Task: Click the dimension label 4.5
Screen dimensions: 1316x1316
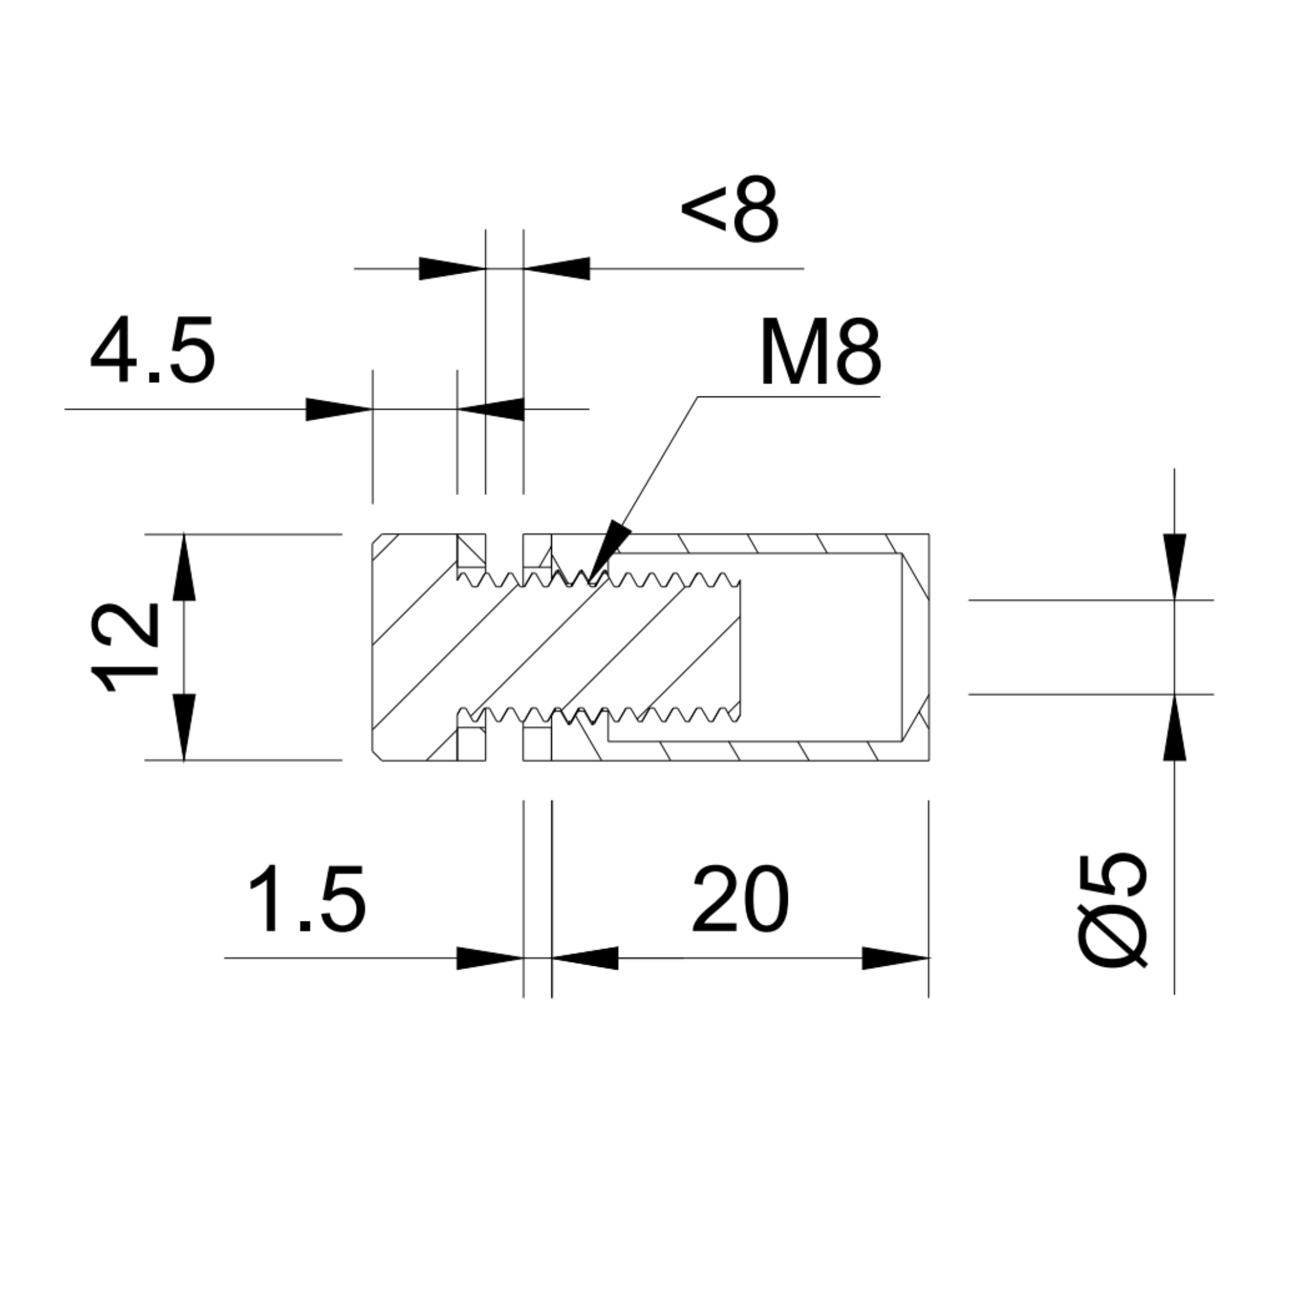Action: point(152,349)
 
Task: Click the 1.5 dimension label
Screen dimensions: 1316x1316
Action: point(308,899)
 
